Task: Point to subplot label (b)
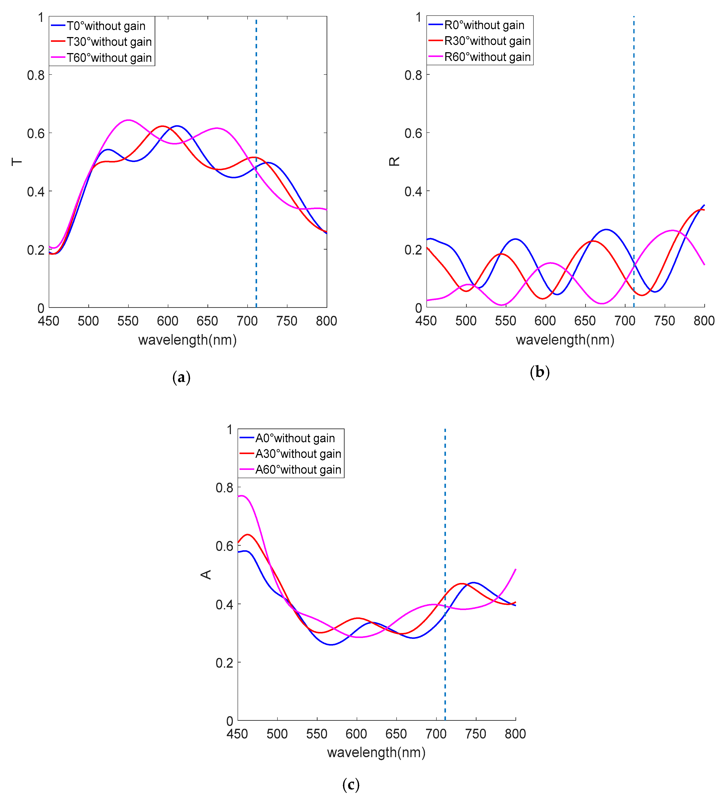click(x=540, y=372)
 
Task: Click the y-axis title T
click(x=17, y=162)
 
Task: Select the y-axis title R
click(x=394, y=161)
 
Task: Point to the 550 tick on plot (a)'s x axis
click(x=128, y=321)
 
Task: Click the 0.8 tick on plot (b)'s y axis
click(x=413, y=75)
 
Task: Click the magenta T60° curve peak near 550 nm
click(x=128, y=120)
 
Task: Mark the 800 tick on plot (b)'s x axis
click(x=704, y=321)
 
